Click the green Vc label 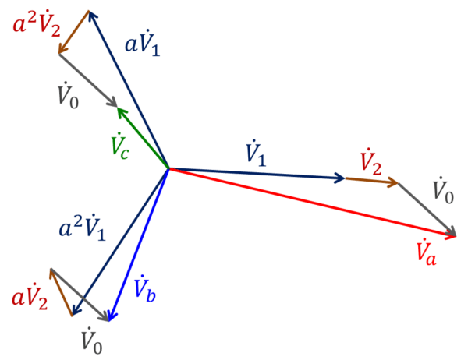click(x=120, y=146)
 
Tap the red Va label click(x=426, y=251)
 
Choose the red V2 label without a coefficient click(x=370, y=163)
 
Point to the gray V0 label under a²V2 click(x=68, y=97)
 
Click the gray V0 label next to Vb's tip click(x=92, y=341)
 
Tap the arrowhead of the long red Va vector click(x=454, y=233)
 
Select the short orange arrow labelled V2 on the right click(x=372, y=181)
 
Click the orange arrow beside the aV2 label click(x=62, y=292)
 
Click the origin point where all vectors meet click(x=168, y=168)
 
